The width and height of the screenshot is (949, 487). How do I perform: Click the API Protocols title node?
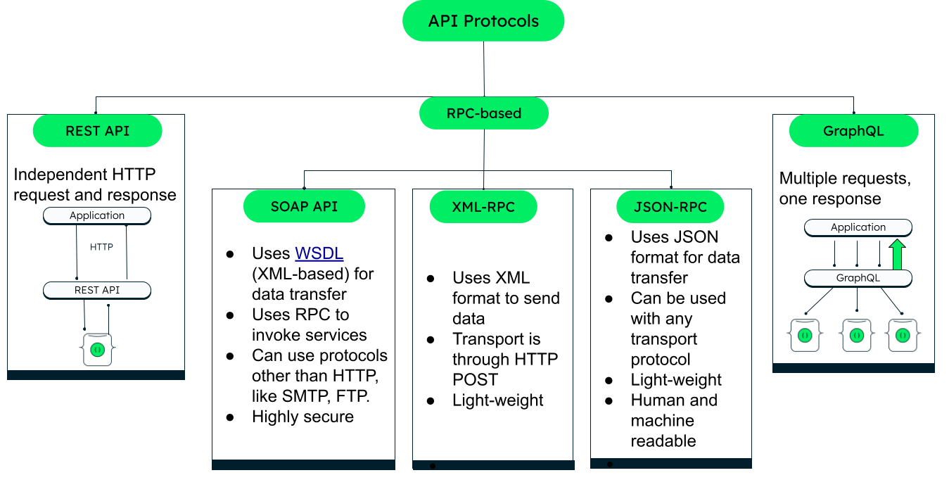pos(483,21)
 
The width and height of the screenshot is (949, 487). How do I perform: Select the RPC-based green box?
pos(483,113)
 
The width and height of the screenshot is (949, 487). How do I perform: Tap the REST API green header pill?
pos(97,131)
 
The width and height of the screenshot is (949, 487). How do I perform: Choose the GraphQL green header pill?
pos(853,131)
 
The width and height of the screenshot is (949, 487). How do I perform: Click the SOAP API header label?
pos(304,206)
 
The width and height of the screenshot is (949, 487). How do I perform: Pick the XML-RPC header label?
pos(483,207)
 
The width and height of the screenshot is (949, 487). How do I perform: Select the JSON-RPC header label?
pos(670,207)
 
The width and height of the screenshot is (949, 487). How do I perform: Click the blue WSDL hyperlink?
pos(319,253)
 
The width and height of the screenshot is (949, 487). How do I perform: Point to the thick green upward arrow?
pos(897,254)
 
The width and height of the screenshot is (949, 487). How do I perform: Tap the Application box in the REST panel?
pos(97,215)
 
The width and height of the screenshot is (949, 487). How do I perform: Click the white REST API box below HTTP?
pos(97,290)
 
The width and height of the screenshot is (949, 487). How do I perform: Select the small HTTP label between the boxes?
pos(102,247)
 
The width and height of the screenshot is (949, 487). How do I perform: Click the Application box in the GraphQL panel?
pos(858,227)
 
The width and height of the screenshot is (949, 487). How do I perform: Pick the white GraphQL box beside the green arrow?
pos(858,278)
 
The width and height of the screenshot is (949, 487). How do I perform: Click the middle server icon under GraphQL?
pos(856,335)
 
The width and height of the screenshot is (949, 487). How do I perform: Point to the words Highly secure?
pos(302,417)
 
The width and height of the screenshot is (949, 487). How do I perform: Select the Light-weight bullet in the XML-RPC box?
pos(497,400)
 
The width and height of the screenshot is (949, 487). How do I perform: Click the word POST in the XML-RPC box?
pos(475,379)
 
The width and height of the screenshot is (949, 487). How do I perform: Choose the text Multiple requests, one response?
pos(844,189)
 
